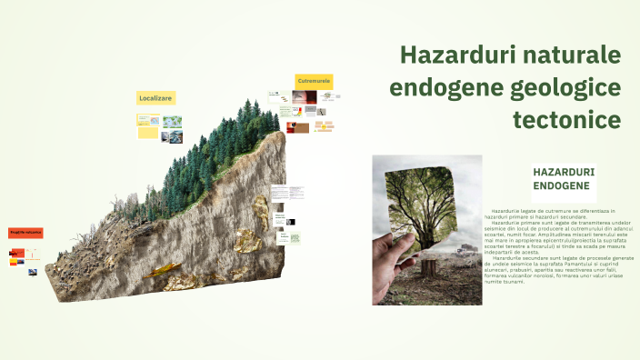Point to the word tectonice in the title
click(566, 119)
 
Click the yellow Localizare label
click(155, 97)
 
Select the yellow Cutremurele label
click(314, 82)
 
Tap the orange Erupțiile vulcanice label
click(26, 234)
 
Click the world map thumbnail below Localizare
click(172, 122)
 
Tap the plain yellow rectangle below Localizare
click(147, 133)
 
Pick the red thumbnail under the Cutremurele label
click(296, 128)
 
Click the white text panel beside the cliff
click(287, 194)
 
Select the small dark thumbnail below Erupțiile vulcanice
click(33, 272)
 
